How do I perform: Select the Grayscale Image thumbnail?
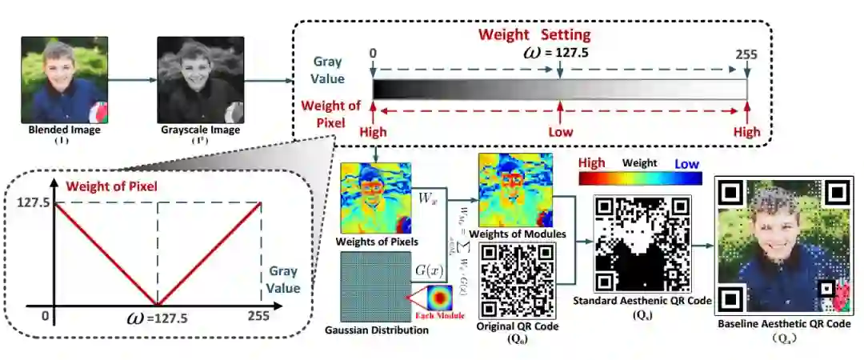pyautogui.click(x=199, y=78)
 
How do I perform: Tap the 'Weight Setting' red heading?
pyautogui.click(x=534, y=34)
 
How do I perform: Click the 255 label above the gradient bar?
pyautogui.click(x=746, y=54)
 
